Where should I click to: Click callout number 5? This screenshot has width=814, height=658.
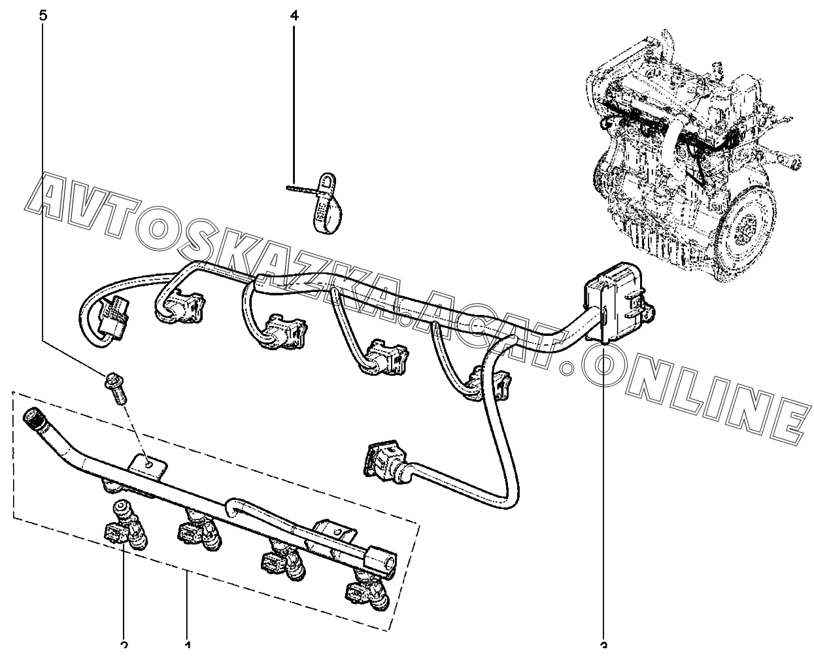click(43, 15)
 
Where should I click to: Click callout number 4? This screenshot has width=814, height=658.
click(294, 15)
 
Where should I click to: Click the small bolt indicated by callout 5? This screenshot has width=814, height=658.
click(114, 388)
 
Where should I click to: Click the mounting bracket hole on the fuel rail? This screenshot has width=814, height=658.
click(150, 463)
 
